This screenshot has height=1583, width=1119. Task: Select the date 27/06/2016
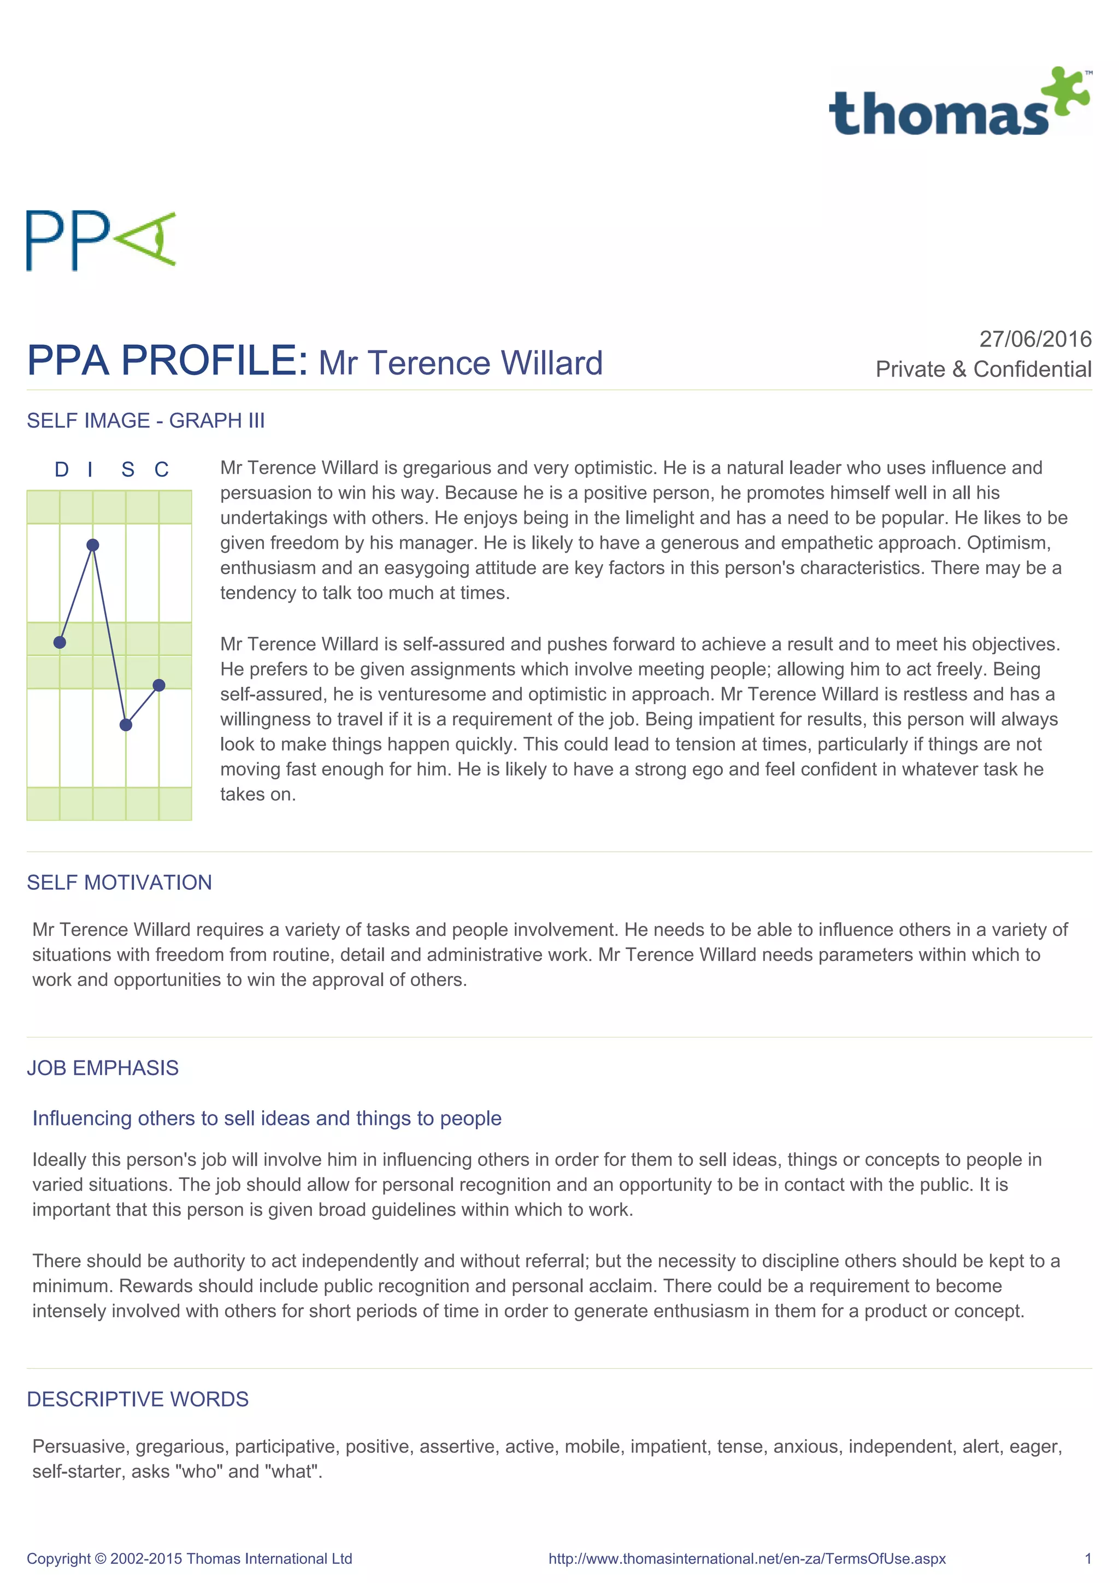[1035, 339]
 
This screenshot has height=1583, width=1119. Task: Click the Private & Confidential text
[983, 370]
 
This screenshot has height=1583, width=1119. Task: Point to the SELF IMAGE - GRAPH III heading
[145, 420]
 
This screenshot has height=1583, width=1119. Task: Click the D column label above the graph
[61, 470]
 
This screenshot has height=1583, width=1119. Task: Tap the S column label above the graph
[127, 470]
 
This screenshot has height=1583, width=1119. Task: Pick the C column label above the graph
[161, 470]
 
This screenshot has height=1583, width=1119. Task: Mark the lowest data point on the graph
[126, 725]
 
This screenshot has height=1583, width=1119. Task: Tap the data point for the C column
[159, 684]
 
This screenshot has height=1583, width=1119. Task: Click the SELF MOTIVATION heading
[119, 882]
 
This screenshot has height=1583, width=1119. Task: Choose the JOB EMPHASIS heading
[103, 1068]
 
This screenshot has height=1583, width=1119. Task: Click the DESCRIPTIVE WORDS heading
[138, 1399]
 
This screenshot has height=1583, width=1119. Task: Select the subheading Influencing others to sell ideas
[267, 1118]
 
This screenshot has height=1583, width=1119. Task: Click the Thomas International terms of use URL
[747, 1559]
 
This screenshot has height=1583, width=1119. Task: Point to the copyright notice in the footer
[190, 1559]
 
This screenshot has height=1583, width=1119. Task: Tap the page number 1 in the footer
[1088, 1559]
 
